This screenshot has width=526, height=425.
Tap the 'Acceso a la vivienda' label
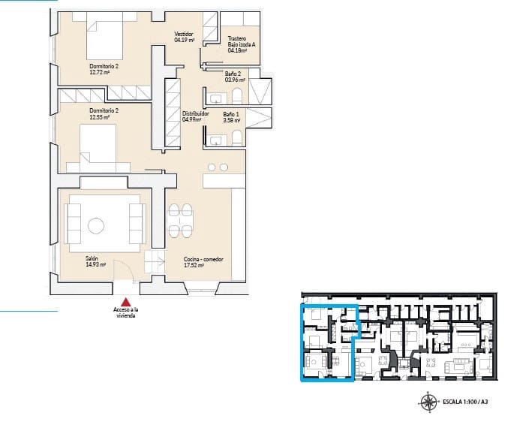point(126,313)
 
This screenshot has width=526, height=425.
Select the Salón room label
point(92,258)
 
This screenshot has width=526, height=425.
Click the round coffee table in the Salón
point(96,225)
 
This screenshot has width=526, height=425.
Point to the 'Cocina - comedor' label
point(203,259)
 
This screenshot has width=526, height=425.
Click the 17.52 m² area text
point(194,265)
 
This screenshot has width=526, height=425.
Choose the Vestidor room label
point(184,34)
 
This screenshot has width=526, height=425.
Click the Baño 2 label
point(232,73)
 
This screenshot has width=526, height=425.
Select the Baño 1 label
point(231,113)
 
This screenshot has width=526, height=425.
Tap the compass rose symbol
point(430,402)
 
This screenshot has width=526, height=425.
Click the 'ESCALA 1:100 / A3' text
point(467,402)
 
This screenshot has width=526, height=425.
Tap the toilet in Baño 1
point(237,136)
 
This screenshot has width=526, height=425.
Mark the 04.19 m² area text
point(185,40)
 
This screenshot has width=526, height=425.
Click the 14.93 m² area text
point(95,264)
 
